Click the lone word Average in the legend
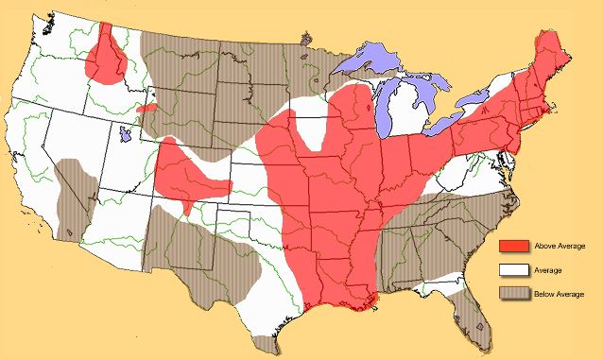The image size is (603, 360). coord(547,271)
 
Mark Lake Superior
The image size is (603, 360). coord(372,62)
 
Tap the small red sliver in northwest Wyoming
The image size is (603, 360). coord(146,109)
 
